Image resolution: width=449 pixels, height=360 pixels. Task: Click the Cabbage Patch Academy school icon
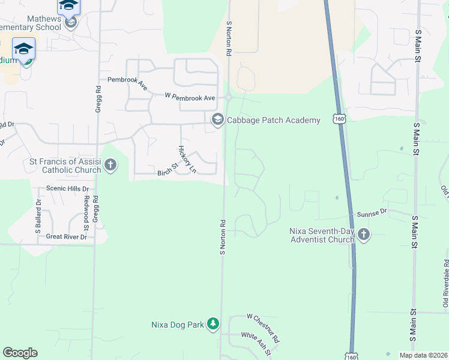(217, 121)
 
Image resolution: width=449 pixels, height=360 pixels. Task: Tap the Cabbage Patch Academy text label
(273, 121)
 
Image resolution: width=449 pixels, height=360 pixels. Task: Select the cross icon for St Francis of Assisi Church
(110, 165)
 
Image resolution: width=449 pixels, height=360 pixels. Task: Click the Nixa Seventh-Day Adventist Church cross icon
(364, 235)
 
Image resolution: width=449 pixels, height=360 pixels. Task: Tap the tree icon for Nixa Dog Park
(212, 324)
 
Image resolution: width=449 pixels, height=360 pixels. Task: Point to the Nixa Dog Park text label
(178, 325)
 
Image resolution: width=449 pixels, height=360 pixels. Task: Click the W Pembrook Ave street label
(190, 97)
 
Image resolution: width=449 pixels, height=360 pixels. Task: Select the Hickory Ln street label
(187, 159)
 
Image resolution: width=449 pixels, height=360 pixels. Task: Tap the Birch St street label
(169, 170)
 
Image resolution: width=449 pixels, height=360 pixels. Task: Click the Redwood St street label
(86, 212)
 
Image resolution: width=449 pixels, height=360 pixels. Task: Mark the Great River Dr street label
(67, 237)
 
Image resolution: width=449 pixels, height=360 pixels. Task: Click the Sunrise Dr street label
(372, 212)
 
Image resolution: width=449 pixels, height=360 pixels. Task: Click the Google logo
(20, 353)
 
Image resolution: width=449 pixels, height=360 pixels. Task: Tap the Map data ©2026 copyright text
(423, 355)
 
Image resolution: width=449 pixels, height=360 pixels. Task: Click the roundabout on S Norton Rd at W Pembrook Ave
(229, 98)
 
